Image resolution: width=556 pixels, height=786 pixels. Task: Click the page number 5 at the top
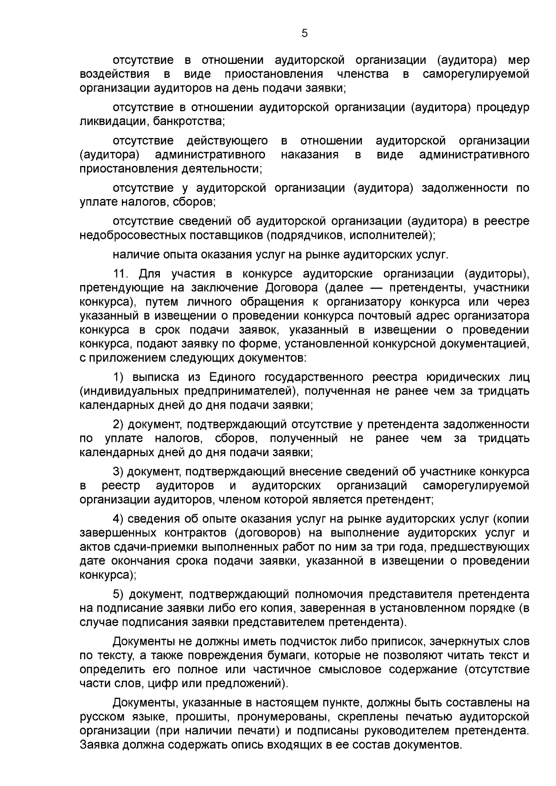click(x=304, y=33)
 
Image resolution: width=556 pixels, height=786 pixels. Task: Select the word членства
click(x=363, y=74)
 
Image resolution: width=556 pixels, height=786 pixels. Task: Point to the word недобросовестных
click(x=131, y=235)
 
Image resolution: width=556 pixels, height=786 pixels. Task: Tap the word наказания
click(x=310, y=155)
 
